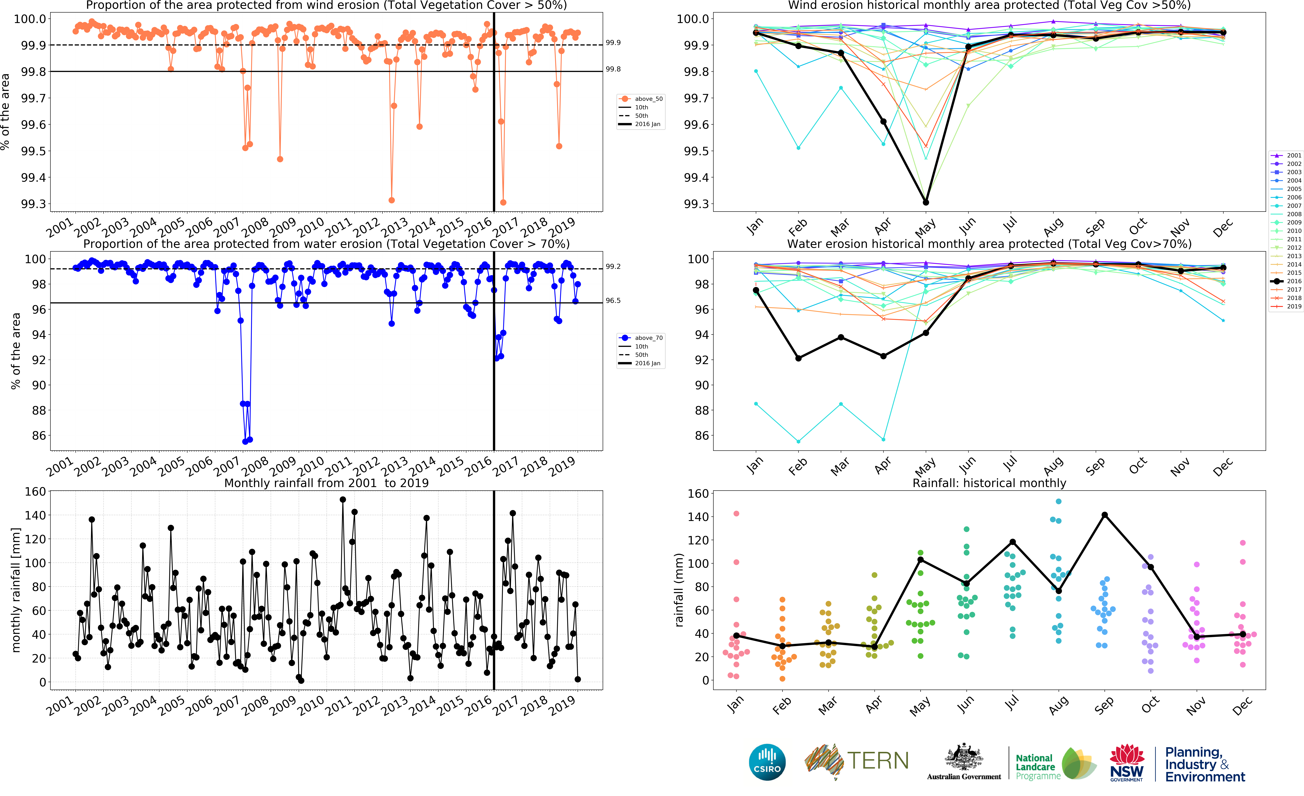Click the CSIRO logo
click(x=767, y=762)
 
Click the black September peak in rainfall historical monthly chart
click(x=1105, y=515)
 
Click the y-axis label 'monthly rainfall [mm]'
click(x=16, y=590)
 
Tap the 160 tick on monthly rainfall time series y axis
click(x=35, y=491)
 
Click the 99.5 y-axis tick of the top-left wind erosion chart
click(x=33, y=151)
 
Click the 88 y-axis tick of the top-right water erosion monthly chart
click(x=702, y=410)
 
